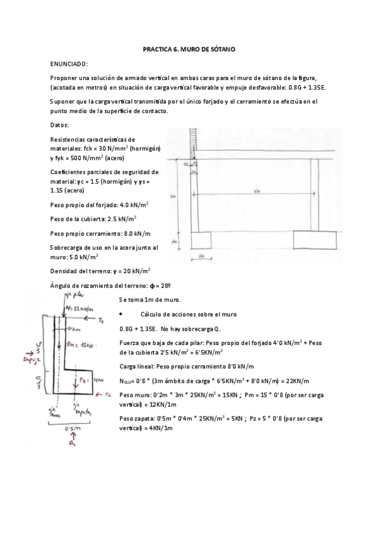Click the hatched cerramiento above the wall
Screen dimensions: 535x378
click(x=192, y=144)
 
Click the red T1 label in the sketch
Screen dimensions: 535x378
click(x=100, y=322)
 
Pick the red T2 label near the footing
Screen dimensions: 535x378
click(x=109, y=394)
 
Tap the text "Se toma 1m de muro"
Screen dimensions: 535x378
click(x=150, y=299)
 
